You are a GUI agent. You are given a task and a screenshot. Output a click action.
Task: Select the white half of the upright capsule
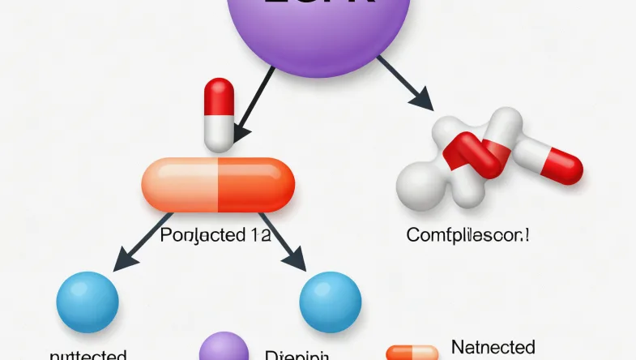point(219,134)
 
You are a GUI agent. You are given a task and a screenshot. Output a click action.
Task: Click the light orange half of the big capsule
point(181,185)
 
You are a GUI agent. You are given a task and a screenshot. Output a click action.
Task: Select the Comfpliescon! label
point(468,236)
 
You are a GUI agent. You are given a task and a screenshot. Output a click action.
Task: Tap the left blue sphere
point(87,302)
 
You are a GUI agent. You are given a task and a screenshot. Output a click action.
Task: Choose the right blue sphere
point(330,302)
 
